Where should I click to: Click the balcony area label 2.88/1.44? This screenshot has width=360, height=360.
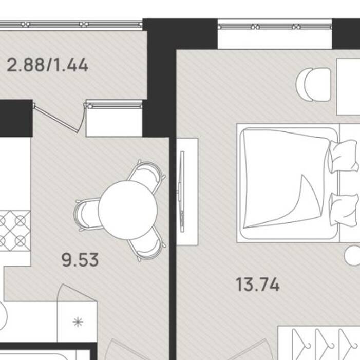[48, 65]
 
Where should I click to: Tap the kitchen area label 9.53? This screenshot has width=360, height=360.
[80, 260]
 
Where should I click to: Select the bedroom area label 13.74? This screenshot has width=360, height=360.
[258, 285]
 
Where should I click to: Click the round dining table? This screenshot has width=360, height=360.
[128, 210]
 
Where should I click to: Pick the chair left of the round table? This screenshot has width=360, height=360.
[87, 215]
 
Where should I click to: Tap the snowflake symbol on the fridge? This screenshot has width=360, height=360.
[78, 322]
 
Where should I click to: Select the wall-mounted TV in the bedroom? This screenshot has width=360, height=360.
[182, 192]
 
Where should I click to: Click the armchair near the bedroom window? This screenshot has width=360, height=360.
[314, 85]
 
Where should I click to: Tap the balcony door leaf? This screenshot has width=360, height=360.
[56, 119]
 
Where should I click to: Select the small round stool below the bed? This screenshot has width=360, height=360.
[352, 256]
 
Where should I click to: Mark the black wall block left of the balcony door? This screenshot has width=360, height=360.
[16, 118]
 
